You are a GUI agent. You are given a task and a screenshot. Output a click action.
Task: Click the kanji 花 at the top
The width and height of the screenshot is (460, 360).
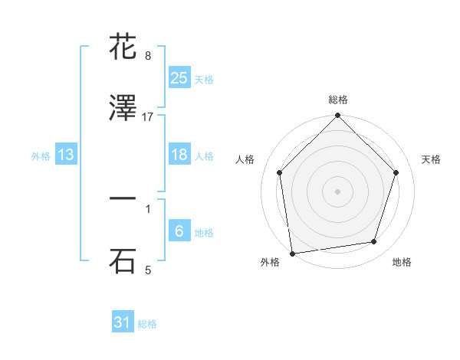tap(123, 46)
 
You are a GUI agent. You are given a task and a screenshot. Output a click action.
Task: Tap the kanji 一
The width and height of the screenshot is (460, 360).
tap(123, 199)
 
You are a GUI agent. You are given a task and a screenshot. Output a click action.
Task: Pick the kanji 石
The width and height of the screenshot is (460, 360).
tap(123, 260)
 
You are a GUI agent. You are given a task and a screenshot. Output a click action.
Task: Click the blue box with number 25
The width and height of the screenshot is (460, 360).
tap(179, 77)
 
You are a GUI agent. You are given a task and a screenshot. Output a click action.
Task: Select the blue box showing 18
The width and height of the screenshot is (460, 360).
tap(179, 155)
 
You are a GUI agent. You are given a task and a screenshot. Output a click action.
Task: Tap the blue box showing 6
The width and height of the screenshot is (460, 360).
tap(179, 231)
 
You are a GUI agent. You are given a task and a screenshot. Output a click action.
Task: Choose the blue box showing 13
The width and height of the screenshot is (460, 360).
tap(66, 155)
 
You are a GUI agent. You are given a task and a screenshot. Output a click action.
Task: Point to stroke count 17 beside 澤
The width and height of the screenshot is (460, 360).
tap(148, 117)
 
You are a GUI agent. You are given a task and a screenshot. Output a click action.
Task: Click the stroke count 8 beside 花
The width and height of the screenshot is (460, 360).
tap(148, 56)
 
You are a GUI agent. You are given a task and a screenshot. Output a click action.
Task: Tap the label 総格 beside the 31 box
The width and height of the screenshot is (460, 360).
tap(147, 324)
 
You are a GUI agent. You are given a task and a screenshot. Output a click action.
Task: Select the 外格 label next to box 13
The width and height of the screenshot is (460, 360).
tap(41, 156)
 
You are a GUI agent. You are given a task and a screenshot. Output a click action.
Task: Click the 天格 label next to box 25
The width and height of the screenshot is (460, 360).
tap(204, 80)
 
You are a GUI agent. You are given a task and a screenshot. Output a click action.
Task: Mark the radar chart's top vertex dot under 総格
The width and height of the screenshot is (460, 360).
tap(337, 116)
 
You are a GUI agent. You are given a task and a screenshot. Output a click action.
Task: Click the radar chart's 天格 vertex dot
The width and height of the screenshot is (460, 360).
tap(396, 172)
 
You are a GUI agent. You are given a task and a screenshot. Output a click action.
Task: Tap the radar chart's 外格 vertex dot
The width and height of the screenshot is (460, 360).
tap(292, 252)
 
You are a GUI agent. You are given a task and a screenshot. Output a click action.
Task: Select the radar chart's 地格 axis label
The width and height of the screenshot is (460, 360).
tap(402, 263)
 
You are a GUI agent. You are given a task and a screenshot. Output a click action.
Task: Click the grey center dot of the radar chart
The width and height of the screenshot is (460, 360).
tap(337, 191)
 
